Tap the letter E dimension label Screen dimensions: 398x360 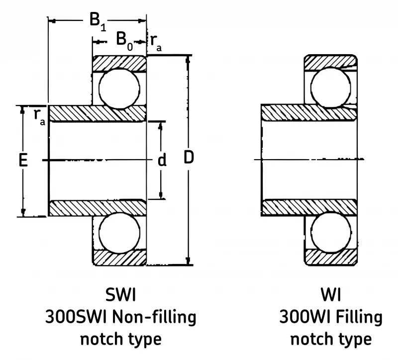click(23, 160)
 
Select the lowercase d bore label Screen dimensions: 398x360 click(162, 160)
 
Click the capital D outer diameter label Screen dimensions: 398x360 click(189, 157)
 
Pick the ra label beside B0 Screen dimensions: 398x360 click(156, 43)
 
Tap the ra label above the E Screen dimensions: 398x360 click(40, 117)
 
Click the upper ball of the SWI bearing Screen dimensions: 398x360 click(119, 88)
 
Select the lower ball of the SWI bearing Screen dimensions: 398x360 click(119, 233)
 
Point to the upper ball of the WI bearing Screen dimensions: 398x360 click(331, 88)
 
